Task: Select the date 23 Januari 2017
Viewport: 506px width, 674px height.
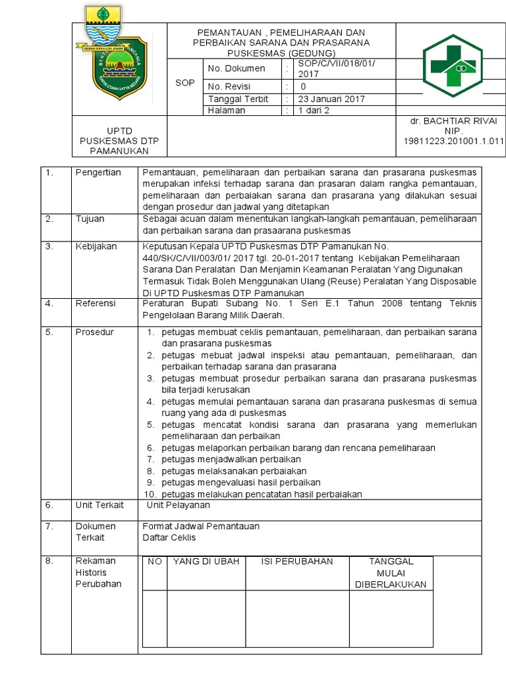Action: click(332, 99)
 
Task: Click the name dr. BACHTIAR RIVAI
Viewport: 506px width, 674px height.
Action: click(453, 121)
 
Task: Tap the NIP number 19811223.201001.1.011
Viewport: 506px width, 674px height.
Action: click(453, 141)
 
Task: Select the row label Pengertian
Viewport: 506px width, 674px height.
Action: click(98, 172)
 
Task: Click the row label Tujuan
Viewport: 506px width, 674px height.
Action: click(90, 219)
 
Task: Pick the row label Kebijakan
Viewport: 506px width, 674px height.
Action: click(96, 246)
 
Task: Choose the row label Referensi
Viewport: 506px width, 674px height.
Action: click(96, 303)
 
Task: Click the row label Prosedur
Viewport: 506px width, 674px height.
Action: click(95, 332)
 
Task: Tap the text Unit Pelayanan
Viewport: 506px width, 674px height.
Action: click(178, 505)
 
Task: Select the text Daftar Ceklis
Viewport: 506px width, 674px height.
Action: click(169, 537)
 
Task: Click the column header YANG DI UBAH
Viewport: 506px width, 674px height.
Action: click(206, 561)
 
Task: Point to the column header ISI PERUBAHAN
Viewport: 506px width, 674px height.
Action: click(297, 561)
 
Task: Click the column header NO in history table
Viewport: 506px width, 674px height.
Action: click(155, 561)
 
